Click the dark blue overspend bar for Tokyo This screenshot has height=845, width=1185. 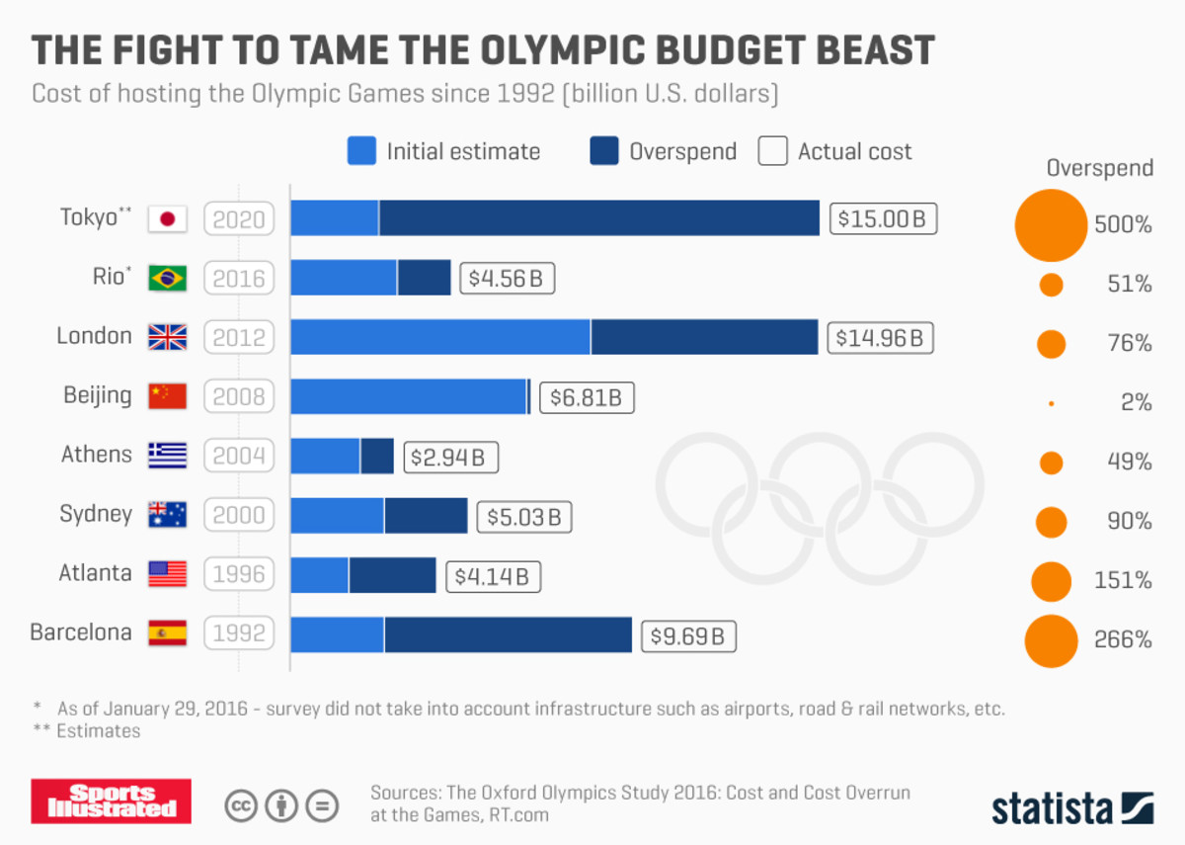click(x=598, y=218)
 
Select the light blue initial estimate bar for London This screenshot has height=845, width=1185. click(x=440, y=337)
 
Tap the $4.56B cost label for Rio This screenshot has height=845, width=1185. click(x=507, y=279)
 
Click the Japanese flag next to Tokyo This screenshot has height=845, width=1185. click(x=167, y=218)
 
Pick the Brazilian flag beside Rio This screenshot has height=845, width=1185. click(x=167, y=279)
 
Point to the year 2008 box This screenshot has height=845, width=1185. click(x=239, y=397)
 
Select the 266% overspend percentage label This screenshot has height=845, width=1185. click(x=1123, y=639)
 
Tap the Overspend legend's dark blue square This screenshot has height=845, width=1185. click(x=603, y=151)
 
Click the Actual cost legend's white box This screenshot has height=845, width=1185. click(x=772, y=151)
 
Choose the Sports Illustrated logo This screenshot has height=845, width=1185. click(x=111, y=801)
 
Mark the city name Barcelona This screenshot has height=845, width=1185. click(x=81, y=633)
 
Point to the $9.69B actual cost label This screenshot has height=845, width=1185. click(x=688, y=636)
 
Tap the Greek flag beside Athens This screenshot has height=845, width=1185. click(x=167, y=456)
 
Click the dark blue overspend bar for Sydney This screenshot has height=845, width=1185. click(x=426, y=515)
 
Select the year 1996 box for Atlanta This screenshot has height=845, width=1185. click(x=239, y=574)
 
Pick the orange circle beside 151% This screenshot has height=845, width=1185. click(x=1051, y=581)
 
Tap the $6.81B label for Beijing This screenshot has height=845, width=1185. click(x=586, y=397)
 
